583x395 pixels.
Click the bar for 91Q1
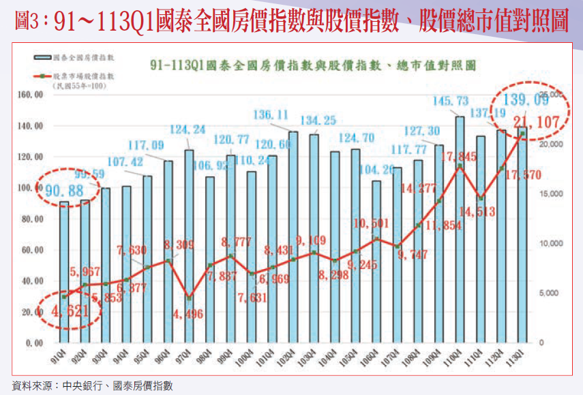64,272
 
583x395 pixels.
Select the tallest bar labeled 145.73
460,232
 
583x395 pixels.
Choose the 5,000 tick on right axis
550,294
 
